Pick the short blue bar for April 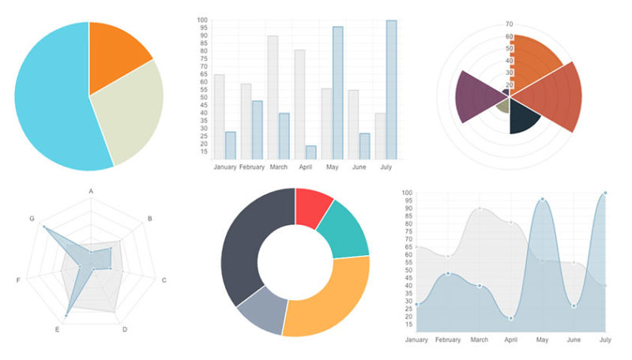pyautogui.click(x=310, y=152)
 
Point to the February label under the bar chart pyautogui.click(x=251, y=167)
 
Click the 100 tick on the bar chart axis pyautogui.click(x=202, y=21)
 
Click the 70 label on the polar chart pyautogui.click(x=510, y=24)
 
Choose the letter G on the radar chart pyautogui.click(x=32, y=219)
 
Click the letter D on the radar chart pyautogui.click(x=125, y=329)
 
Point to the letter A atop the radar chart pyautogui.click(x=91, y=192)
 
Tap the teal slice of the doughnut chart pyautogui.click(x=348, y=229)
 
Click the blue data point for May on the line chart pyautogui.click(x=542, y=200)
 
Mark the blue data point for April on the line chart pyautogui.click(x=511, y=318)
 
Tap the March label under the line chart pyautogui.click(x=479, y=340)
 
